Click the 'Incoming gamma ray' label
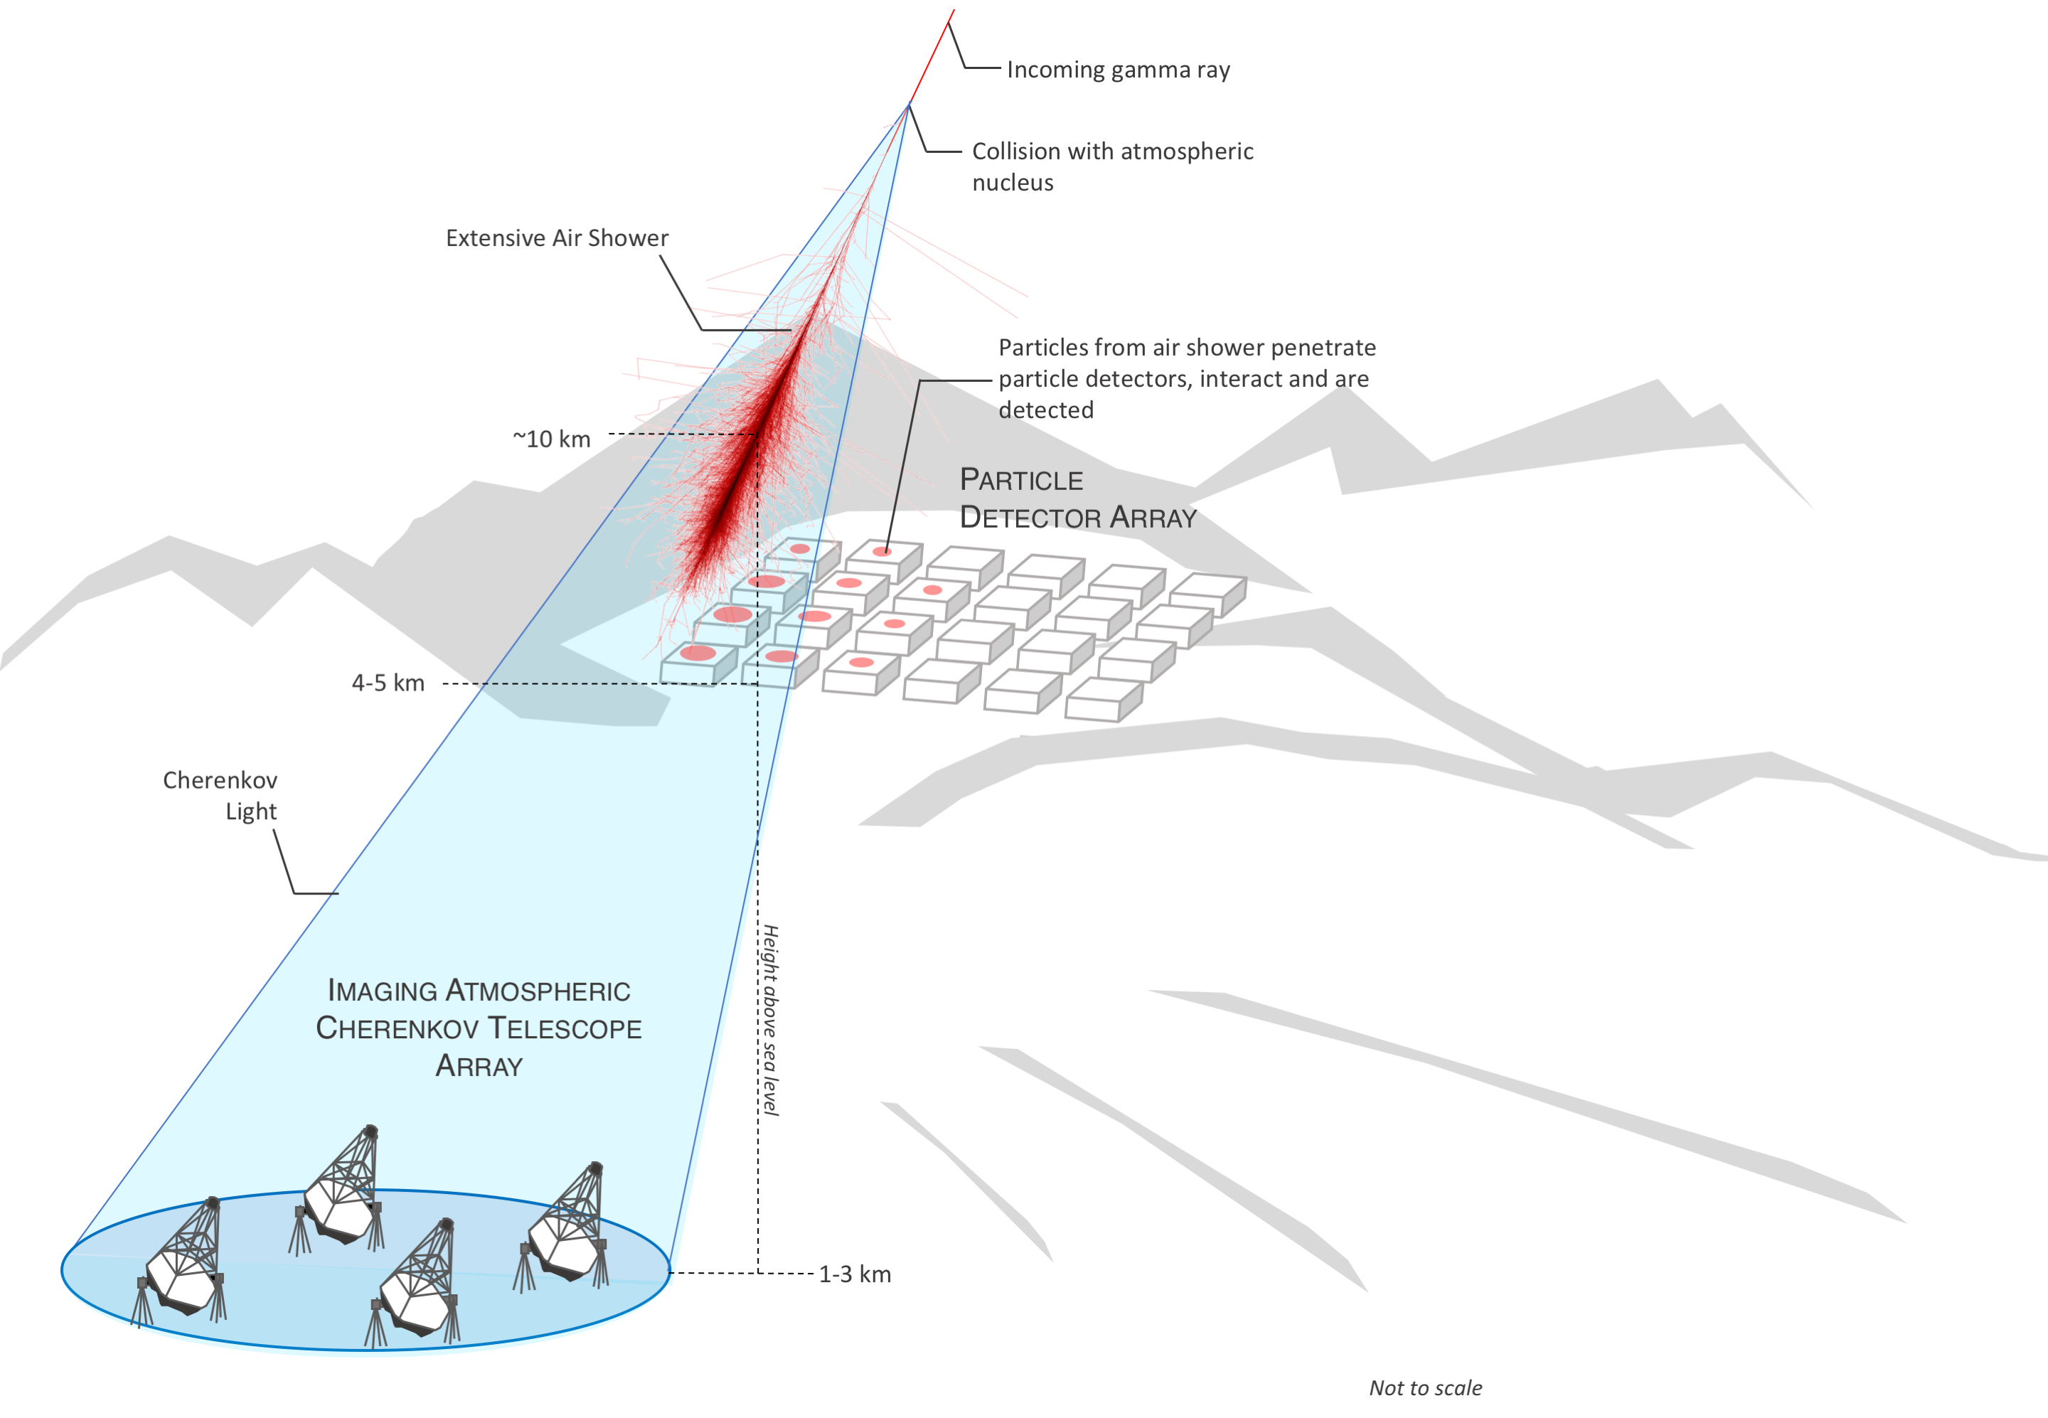[x=1118, y=70]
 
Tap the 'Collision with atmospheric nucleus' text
[x=1112, y=166]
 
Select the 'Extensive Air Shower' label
[x=557, y=238]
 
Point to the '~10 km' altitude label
[x=552, y=439]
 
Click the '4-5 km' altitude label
[x=388, y=683]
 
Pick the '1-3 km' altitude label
[x=855, y=1274]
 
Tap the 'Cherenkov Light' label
[x=220, y=796]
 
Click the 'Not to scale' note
[x=1425, y=1388]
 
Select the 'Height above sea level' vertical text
[x=770, y=1020]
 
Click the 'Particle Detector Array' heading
[x=1079, y=499]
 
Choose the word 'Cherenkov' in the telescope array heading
[x=398, y=1028]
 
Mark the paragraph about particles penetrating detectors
[x=1187, y=378]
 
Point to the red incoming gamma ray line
[x=931, y=57]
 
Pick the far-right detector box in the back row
[x=1207, y=594]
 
